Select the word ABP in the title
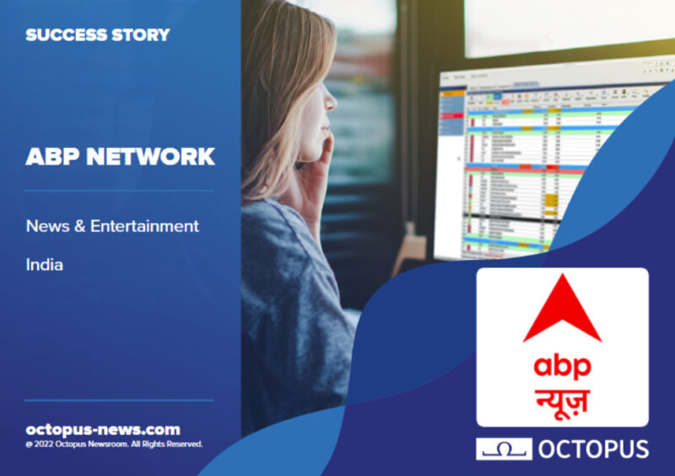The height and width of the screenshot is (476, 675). click(52, 157)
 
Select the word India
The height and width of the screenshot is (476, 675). click(45, 265)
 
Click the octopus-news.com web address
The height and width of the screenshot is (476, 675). click(103, 429)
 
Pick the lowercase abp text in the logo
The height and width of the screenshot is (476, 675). click(561, 365)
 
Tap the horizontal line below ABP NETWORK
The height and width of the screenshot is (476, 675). click(119, 191)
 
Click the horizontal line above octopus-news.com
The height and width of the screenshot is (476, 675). click(119, 400)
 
